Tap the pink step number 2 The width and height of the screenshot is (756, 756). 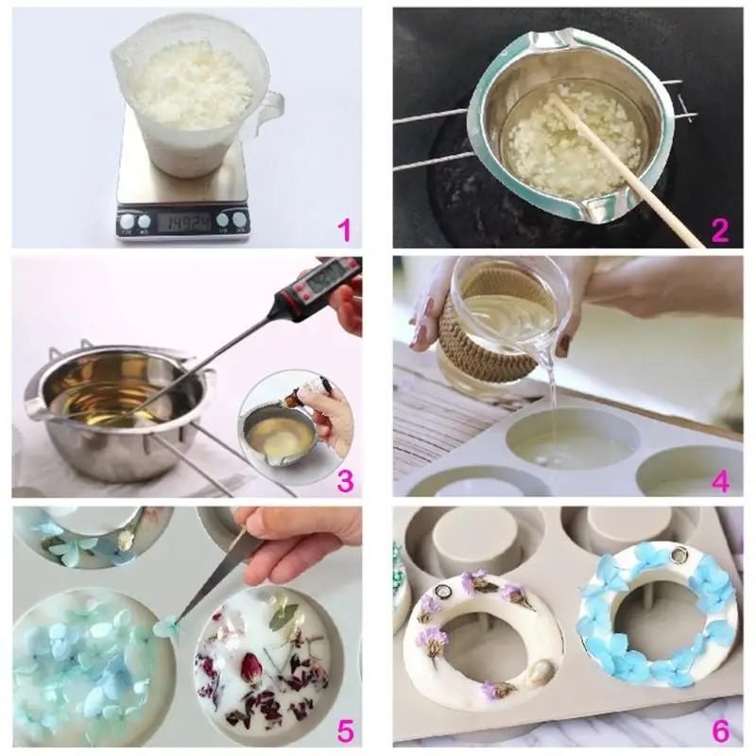tap(721, 230)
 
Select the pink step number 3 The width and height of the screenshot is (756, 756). tap(345, 480)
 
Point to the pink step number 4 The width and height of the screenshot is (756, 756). tap(721, 480)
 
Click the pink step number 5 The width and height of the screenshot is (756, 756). tap(345, 730)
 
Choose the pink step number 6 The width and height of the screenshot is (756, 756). tap(721, 730)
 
